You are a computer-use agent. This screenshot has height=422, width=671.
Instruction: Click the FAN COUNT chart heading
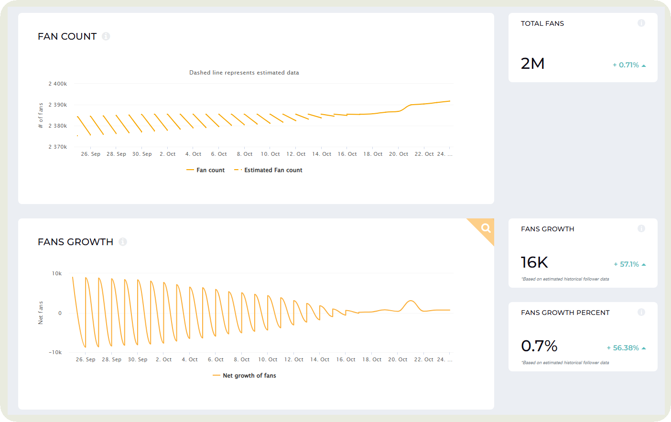(67, 36)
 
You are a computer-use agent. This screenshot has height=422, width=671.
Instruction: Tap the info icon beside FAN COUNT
(106, 36)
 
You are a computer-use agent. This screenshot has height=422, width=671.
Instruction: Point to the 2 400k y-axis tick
(57, 84)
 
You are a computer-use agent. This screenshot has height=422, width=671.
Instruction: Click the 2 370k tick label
(57, 147)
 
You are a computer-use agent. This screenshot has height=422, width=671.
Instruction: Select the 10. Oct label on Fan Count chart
(270, 154)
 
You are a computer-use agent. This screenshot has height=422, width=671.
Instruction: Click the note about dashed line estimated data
(244, 73)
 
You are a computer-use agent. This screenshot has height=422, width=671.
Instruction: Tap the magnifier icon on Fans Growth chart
(486, 228)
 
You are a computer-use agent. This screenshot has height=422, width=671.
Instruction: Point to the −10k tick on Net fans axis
(55, 352)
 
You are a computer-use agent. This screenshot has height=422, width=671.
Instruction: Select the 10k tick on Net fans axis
(56, 273)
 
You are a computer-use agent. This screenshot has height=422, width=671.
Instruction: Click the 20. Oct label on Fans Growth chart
(398, 359)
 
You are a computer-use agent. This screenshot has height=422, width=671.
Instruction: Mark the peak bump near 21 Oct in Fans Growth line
(411, 301)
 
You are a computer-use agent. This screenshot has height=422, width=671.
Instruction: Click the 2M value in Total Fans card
(532, 64)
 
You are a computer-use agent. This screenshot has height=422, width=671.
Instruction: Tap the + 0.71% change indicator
(629, 65)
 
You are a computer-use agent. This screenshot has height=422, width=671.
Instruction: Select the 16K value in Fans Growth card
(534, 262)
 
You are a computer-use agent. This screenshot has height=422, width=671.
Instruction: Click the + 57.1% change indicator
(629, 264)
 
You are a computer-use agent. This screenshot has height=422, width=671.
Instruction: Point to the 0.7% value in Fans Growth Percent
(539, 346)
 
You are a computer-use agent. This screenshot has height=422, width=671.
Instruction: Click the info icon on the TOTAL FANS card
(641, 23)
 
